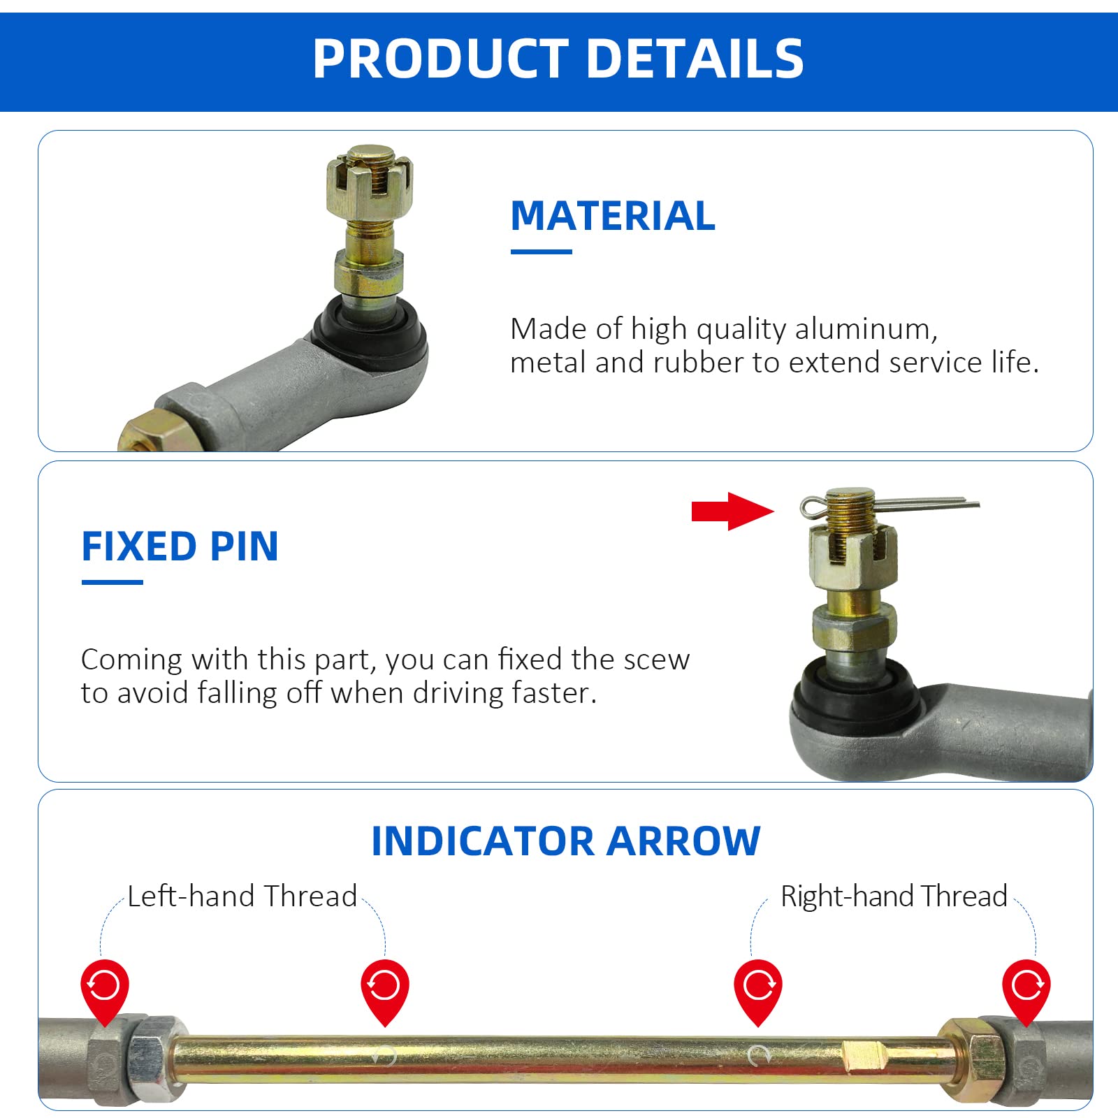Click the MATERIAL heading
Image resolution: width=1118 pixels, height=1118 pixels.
(613, 215)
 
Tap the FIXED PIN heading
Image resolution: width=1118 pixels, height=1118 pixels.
(180, 546)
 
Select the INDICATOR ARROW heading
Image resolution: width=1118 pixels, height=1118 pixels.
(565, 841)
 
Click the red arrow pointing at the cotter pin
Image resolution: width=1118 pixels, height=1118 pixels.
(732, 511)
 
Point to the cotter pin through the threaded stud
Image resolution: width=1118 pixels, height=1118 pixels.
(908, 503)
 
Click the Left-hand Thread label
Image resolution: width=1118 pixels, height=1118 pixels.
(242, 896)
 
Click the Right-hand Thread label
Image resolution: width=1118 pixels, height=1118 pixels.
(894, 896)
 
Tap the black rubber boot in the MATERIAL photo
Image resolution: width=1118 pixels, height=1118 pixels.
(370, 335)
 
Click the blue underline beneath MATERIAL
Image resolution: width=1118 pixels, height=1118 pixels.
(541, 252)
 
